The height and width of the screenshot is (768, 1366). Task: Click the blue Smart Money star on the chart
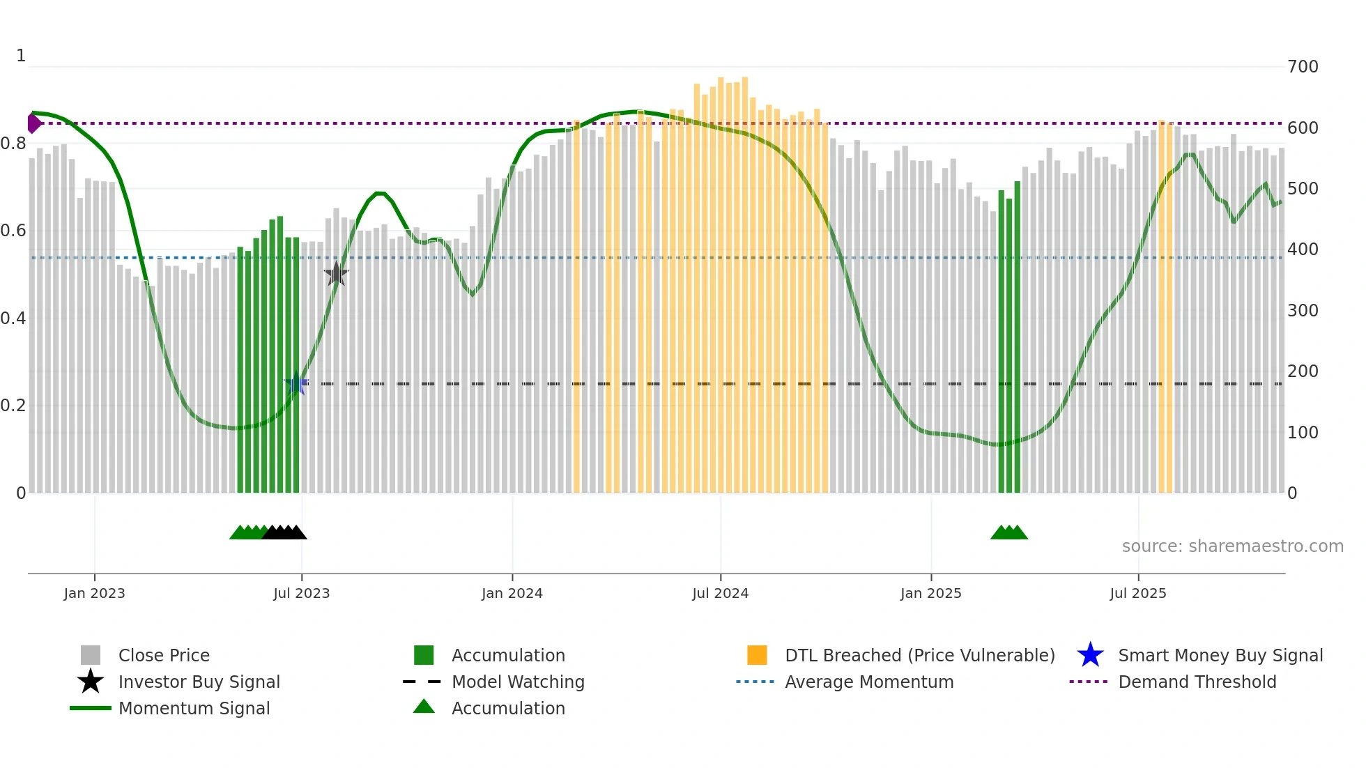click(296, 383)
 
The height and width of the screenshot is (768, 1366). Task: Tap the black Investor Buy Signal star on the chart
click(337, 274)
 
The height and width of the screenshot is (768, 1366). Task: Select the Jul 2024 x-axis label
click(720, 593)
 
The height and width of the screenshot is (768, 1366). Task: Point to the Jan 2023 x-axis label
click(94, 593)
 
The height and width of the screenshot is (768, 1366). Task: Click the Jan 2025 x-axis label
click(930, 593)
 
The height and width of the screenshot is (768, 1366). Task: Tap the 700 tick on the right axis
click(1303, 67)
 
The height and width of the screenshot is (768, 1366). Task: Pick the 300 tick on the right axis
click(1303, 310)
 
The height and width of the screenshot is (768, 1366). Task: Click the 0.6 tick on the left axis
click(13, 231)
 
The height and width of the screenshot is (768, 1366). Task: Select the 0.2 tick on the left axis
click(13, 406)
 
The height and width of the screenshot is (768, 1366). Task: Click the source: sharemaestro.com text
click(1232, 546)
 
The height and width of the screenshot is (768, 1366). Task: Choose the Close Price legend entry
click(164, 655)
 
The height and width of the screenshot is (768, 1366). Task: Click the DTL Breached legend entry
click(919, 655)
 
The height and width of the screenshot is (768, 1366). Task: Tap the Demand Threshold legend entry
click(1197, 682)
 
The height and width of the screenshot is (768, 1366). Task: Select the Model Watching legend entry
click(518, 682)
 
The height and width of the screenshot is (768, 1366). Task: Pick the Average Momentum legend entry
click(869, 682)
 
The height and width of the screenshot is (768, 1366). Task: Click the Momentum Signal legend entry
click(194, 708)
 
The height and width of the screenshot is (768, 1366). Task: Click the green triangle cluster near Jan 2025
click(1008, 532)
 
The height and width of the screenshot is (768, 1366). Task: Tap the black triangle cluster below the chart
click(284, 532)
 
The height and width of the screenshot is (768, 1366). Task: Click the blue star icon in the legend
click(1090, 655)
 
